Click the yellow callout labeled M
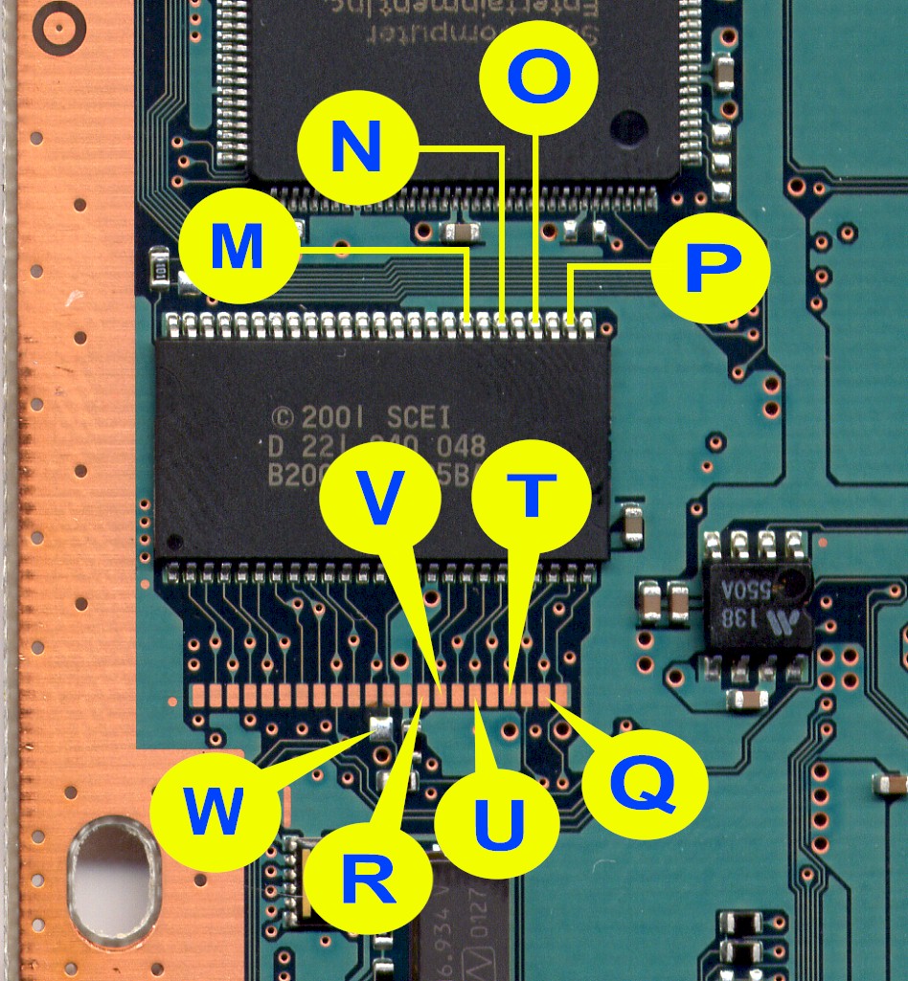click(236, 248)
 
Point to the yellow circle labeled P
click(710, 269)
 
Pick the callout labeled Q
click(645, 785)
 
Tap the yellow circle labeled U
click(495, 821)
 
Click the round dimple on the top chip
click(627, 127)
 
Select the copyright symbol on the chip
click(282, 418)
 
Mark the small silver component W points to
click(380, 727)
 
